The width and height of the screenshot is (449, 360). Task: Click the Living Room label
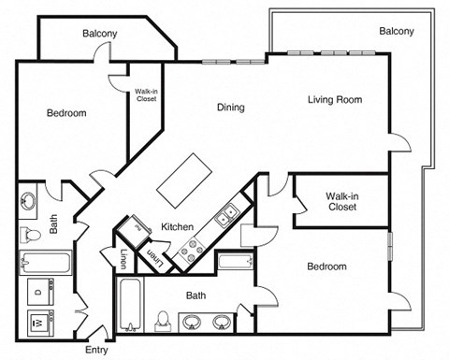[334, 100]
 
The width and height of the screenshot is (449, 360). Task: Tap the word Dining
[231, 108]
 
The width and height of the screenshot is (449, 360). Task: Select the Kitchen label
[178, 227]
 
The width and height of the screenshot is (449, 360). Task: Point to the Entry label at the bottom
[96, 351]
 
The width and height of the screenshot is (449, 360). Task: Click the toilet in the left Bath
[30, 232]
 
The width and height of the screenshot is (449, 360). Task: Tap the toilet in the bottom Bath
[164, 321]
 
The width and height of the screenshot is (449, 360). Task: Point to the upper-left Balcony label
[99, 34]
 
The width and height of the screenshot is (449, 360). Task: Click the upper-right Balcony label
[397, 32]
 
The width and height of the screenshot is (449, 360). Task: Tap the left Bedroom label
[66, 113]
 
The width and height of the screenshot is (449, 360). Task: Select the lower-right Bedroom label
[326, 266]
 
